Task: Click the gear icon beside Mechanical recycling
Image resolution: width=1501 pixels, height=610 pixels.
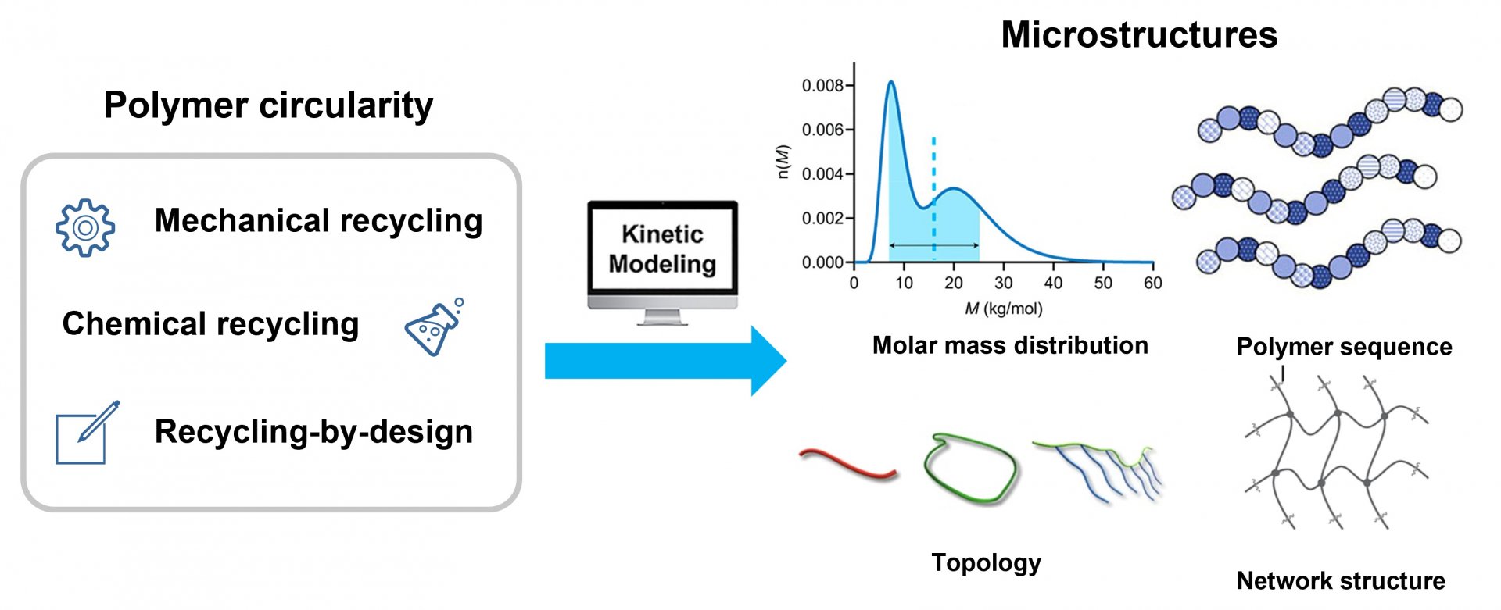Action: coord(85,227)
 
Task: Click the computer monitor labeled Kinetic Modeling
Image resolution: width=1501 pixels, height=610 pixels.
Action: coord(662,262)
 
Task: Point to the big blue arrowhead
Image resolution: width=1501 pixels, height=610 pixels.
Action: coord(768,361)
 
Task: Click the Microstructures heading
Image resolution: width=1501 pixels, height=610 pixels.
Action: coord(1139,34)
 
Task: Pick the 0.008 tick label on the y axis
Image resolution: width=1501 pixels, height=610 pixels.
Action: coord(822,85)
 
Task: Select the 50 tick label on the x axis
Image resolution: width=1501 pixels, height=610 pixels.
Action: coord(1103,283)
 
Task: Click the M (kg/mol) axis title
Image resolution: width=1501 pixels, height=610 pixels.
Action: coord(1004,309)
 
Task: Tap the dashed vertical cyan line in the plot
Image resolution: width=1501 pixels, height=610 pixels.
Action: coord(933,198)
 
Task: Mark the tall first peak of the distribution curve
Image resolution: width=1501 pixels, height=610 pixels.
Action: coord(890,82)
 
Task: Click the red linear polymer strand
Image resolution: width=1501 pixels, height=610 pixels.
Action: coord(848,462)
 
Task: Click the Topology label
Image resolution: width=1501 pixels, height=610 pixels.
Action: coord(986,563)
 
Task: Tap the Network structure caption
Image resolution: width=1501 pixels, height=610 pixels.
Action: coord(1341,581)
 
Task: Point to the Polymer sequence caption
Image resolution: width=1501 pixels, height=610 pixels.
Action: coord(1344,347)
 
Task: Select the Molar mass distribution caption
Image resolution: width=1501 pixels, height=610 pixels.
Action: coord(1010,345)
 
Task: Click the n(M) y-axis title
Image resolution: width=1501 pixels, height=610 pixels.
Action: coord(784,162)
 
